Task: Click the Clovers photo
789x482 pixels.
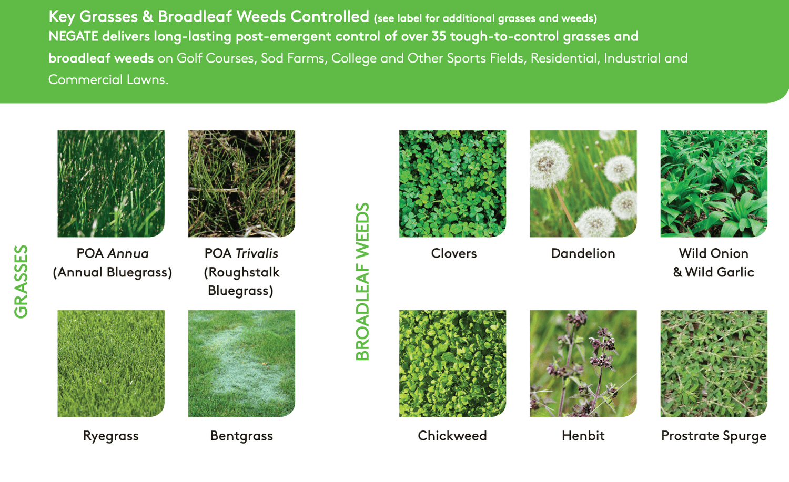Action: [x=452, y=183]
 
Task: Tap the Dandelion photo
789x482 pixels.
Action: [x=583, y=183]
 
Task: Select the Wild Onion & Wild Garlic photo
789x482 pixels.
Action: [x=714, y=183]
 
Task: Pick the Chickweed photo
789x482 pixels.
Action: [x=452, y=363]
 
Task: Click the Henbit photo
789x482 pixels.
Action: [x=583, y=363]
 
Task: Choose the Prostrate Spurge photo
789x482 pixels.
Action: [x=714, y=363]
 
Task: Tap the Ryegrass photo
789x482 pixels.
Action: [x=111, y=363]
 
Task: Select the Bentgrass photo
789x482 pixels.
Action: [x=241, y=363]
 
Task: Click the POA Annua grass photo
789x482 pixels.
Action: [x=111, y=183]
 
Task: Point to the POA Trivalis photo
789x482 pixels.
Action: [x=241, y=183]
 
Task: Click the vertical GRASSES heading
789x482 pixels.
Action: [x=21, y=282]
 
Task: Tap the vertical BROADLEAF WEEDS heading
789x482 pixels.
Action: [x=362, y=282]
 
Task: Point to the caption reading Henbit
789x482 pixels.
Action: [x=583, y=436]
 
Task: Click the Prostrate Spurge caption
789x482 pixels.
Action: [x=714, y=436]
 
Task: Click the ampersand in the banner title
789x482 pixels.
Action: [x=148, y=16]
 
